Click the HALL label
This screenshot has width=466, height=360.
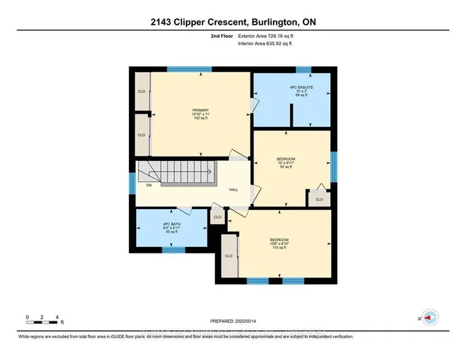[234, 189]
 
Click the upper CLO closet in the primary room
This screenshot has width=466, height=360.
[141, 92]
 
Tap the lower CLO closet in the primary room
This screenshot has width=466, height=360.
[141, 136]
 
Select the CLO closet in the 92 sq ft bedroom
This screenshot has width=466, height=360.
[319, 198]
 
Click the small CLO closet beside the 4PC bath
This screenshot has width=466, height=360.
[217, 217]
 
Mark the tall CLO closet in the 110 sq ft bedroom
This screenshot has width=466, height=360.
[229, 256]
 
